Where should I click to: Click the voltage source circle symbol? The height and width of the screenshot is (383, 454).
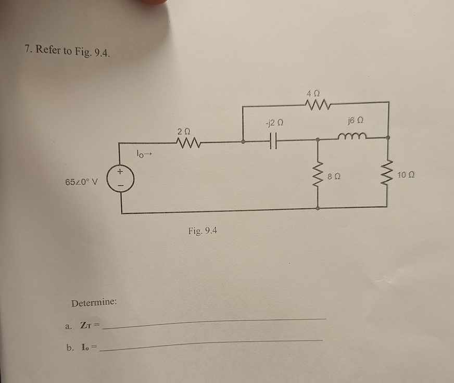pos(121,179)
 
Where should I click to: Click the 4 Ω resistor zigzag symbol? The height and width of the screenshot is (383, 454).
pos(316,105)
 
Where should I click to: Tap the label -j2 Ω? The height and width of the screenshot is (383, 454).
pos(273,124)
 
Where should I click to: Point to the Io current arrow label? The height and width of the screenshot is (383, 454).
pos(143,154)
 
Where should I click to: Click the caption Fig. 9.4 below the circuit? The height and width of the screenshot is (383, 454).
pos(203,230)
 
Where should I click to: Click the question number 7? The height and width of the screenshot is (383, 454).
pos(27,49)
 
